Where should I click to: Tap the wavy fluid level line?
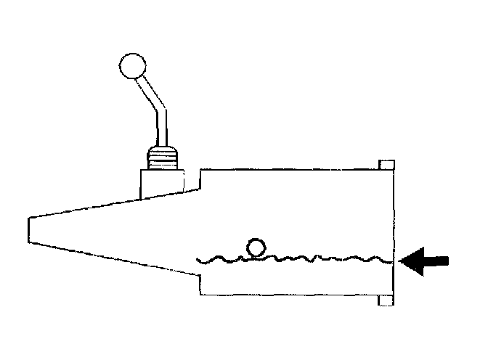[x=305, y=258]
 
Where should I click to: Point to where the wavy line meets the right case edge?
[x=392, y=259]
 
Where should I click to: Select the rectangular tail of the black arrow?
[x=438, y=259]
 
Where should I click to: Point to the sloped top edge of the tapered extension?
[x=87, y=205]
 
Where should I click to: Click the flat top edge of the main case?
[x=290, y=169]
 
